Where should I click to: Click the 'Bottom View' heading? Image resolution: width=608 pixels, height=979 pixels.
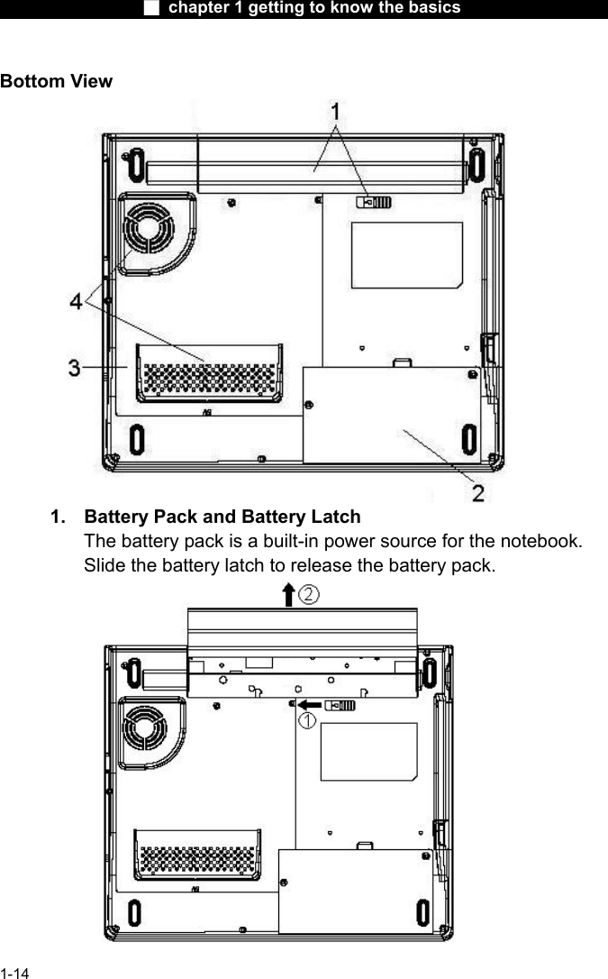click(57, 81)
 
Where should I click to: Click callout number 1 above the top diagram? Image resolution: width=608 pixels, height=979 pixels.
click(335, 113)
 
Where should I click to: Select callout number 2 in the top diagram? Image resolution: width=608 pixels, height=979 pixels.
click(478, 492)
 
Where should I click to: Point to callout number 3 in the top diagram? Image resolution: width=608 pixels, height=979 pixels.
click(77, 367)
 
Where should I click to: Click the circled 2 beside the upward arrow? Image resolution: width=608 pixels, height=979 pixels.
click(309, 594)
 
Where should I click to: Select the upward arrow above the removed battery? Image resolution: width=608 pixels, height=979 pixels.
click(287, 595)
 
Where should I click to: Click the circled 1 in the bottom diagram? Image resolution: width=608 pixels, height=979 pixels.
click(307, 720)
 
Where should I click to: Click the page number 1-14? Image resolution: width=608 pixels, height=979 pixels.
click(14, 973)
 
